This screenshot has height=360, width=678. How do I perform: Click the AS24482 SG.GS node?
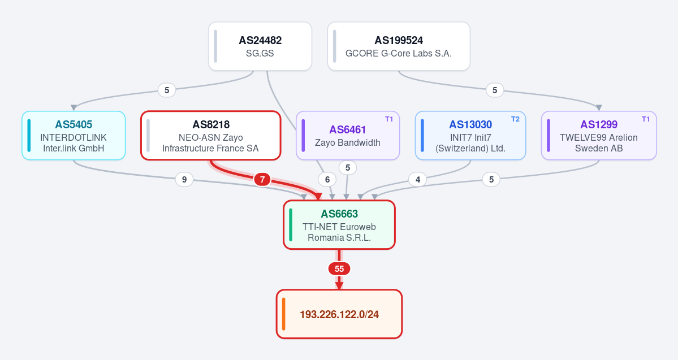260,46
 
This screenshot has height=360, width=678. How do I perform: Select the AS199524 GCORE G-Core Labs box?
399,46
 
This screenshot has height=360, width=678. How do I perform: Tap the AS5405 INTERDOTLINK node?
74,136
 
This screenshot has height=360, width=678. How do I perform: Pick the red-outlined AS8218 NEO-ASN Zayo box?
210,136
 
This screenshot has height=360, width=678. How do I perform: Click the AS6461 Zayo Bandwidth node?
348,136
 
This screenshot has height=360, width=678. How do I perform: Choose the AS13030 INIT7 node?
470,136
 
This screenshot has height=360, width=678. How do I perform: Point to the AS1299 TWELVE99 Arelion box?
599,136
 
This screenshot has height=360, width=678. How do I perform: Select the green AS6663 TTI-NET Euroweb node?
339,225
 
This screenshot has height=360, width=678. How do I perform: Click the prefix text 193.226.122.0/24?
339,314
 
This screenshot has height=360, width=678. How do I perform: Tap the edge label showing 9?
184,179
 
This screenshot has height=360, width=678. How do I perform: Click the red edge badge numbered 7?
262,179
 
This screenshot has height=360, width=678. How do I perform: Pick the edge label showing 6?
327,179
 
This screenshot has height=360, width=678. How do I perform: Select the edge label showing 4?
418,179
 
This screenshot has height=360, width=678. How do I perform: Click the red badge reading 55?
339,269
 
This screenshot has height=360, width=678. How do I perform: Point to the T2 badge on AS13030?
515,119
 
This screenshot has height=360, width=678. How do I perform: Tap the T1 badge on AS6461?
389,119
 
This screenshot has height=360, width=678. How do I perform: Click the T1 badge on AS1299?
646,119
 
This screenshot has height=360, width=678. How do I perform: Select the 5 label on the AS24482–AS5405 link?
167,90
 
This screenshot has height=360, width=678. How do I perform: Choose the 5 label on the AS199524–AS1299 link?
495,90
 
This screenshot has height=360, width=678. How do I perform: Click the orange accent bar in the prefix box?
284,314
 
